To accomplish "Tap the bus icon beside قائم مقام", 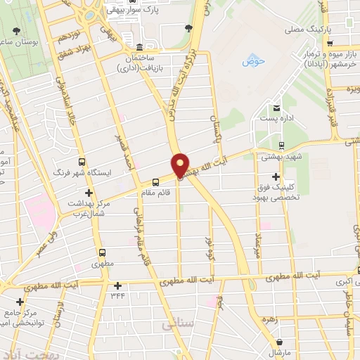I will pyautogui.click(x=156, y=182).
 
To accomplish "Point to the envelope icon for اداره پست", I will pyautogui.click(x=276, y=108).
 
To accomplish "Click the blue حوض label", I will pyautogui.click(x=252, y=62).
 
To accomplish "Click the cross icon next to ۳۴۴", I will pyautogui.click(x=117, y=285).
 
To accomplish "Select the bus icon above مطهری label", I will pyautogui.click(x=103, y=253).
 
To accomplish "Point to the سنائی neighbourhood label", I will pyautogui.click(x=176, y=325).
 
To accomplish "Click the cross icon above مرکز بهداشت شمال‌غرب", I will pyautogui.click(x=88, y=193).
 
